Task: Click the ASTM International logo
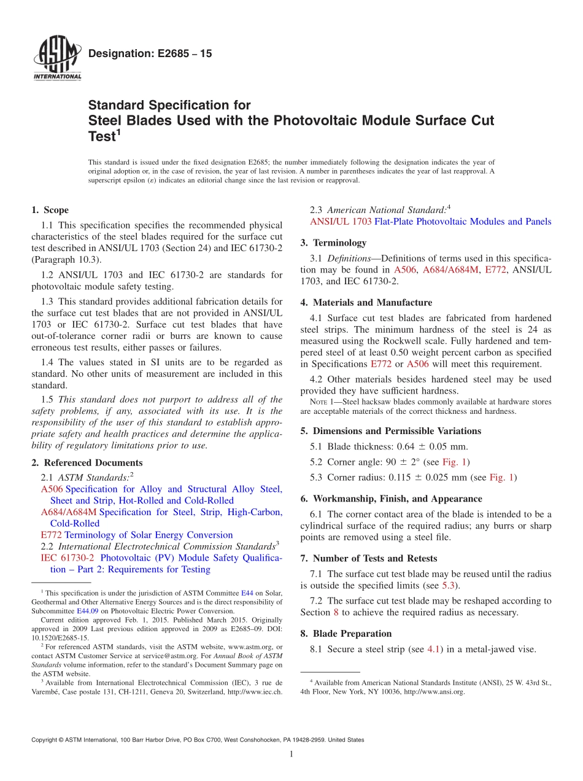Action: tap(56, 58)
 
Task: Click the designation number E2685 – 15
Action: tap(150, 53)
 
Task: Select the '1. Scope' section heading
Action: tap(50, 210)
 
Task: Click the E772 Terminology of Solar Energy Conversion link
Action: tap(136, 535)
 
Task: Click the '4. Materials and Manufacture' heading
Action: tap(366, 302)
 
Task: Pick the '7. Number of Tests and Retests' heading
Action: tap(368, 558)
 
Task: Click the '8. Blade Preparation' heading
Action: tap(346, 633)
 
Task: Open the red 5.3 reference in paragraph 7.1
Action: tap(449, 585)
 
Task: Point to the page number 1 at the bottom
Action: tap(291, 754)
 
